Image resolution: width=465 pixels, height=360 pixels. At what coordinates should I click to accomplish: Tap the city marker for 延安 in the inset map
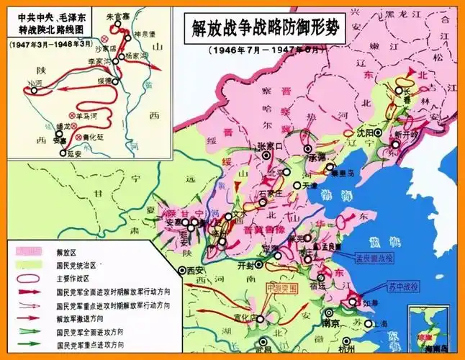62,153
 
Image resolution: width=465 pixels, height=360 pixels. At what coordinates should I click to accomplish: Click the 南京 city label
332,324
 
